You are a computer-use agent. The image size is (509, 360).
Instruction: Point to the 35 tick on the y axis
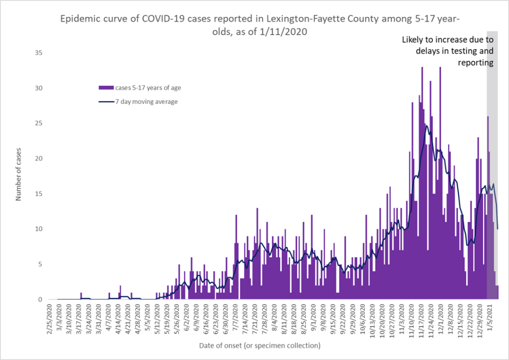(38, 53)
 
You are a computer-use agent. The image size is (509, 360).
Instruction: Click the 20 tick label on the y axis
(38, 159)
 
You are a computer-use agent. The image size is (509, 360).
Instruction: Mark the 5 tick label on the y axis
(40, 265)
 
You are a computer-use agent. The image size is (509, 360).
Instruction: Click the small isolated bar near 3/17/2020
(81, 296)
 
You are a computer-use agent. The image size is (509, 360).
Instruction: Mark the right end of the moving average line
(498, 229)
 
